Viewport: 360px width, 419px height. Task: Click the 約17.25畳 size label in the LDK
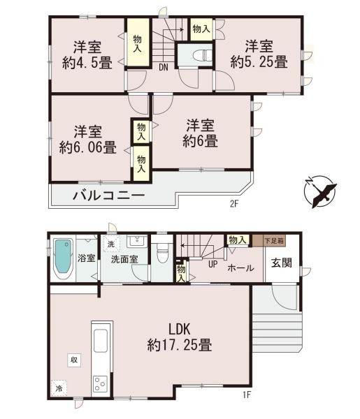[180, 344]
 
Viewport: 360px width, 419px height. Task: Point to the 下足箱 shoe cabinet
[274, 241]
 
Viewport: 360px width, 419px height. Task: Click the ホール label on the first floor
[241, 267]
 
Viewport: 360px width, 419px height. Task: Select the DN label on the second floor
[163, 68]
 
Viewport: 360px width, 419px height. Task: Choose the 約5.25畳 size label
[259, 62]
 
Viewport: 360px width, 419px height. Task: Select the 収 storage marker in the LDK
[73, 360]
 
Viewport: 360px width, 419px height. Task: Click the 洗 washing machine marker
[110, 244]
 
